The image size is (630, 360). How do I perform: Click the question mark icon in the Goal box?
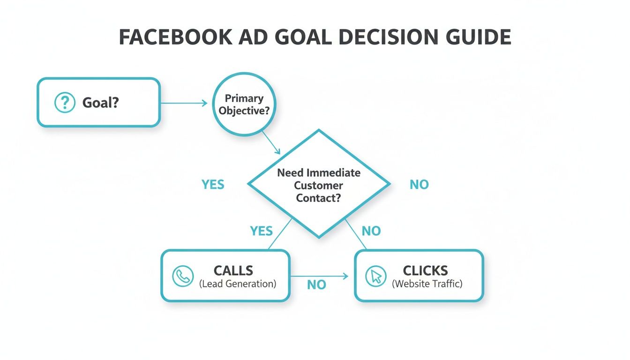(65, 102)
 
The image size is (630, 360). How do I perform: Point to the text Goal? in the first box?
(101, 103)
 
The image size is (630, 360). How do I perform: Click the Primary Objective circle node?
(244, 104)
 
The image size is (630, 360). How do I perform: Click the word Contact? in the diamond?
(318, 198)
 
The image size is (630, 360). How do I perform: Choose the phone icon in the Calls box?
(182, 276)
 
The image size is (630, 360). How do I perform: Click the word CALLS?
(233, 270)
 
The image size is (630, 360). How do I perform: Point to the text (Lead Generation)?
(238, 284)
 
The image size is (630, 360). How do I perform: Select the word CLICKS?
(425, 270)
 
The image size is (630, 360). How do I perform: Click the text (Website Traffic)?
(427, 284)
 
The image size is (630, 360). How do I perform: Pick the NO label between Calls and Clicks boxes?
(316, 285)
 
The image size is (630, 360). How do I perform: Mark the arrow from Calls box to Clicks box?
(319, 277)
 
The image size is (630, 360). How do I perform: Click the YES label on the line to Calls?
(262, 231)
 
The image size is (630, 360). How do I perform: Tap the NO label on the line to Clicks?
(371, 231)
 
